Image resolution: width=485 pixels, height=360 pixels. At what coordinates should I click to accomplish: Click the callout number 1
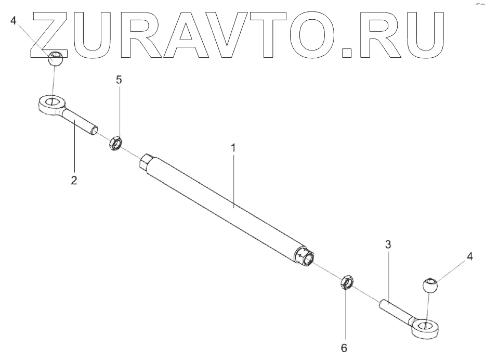point(233,148)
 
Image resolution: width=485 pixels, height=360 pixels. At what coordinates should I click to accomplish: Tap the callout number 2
point(74,181)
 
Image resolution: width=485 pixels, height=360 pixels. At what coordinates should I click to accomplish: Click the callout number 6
point(344,347)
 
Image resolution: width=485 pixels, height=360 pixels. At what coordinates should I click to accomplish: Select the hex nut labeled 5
point(115,143)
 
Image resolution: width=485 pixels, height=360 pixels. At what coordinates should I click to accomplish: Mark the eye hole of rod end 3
point(425,326)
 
